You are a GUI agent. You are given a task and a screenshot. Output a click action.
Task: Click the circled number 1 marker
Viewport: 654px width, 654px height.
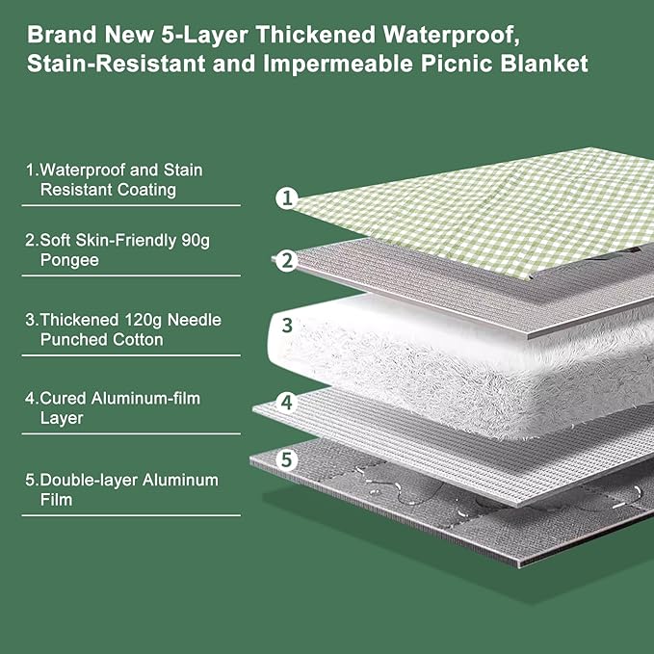(x=286, y=198)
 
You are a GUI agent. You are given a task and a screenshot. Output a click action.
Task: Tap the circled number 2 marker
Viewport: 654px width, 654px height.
(x=286, y=260)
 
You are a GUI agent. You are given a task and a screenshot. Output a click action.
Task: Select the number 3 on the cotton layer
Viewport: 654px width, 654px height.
(x=286, y=325)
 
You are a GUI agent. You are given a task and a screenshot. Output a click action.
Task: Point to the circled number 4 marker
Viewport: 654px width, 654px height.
(x=286, y=402)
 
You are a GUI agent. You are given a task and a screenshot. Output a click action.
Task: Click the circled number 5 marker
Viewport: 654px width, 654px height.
(x=286, y=460)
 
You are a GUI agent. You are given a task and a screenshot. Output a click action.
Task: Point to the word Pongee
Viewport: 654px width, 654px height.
(x=69, y=260)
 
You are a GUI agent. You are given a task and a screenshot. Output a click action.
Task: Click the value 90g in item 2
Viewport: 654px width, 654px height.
(x=195, y=241)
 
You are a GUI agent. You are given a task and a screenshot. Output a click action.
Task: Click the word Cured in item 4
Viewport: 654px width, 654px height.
(x=61, y=398)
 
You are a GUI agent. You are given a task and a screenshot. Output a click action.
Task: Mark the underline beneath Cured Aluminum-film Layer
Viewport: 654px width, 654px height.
(x=131, y=433)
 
